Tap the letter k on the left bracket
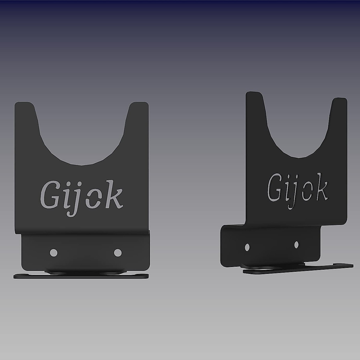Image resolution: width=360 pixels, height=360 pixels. [x=114, y=198]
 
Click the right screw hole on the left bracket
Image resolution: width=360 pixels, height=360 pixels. [x=118, y=253]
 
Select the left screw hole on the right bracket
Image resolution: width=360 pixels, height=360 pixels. [x=247, y=247]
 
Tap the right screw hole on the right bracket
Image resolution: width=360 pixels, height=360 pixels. [x=296, y=245]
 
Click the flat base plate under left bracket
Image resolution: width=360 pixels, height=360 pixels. [x=81, y=277]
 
